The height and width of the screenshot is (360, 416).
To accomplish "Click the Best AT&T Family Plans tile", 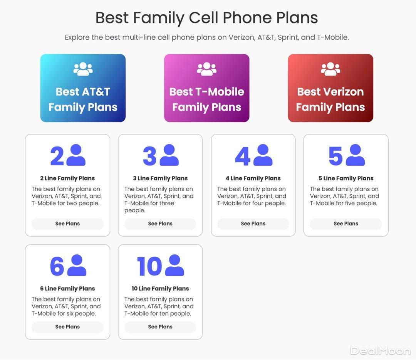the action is (x=83, y=88).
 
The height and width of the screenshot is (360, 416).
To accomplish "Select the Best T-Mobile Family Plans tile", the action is (x=207, y=88).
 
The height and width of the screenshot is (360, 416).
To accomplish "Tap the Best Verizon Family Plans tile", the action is (x=330, y=88).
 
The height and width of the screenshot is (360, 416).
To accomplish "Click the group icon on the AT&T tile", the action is (x=83, y=69).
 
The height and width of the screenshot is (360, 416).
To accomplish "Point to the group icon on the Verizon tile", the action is (x=330, y=69).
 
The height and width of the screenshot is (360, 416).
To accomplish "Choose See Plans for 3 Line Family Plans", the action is (x=160, y=224).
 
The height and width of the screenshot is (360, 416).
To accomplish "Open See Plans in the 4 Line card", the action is (x=253, y=224).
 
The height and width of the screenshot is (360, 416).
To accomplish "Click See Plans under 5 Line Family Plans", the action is (x=346, y=224).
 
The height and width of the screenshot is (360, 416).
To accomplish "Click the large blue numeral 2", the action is (x=57, y=156).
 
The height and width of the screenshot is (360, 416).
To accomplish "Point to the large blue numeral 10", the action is (x=149, y=266).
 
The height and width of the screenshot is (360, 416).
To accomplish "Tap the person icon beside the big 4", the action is (x=263, y=155).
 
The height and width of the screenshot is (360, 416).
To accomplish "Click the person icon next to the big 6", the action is (x=77, y=265).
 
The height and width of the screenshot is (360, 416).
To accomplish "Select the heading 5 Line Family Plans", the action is (x=346, y=178).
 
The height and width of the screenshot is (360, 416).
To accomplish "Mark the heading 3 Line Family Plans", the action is (x=160, y=178).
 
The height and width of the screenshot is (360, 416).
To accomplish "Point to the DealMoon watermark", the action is (x=381, y=351).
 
